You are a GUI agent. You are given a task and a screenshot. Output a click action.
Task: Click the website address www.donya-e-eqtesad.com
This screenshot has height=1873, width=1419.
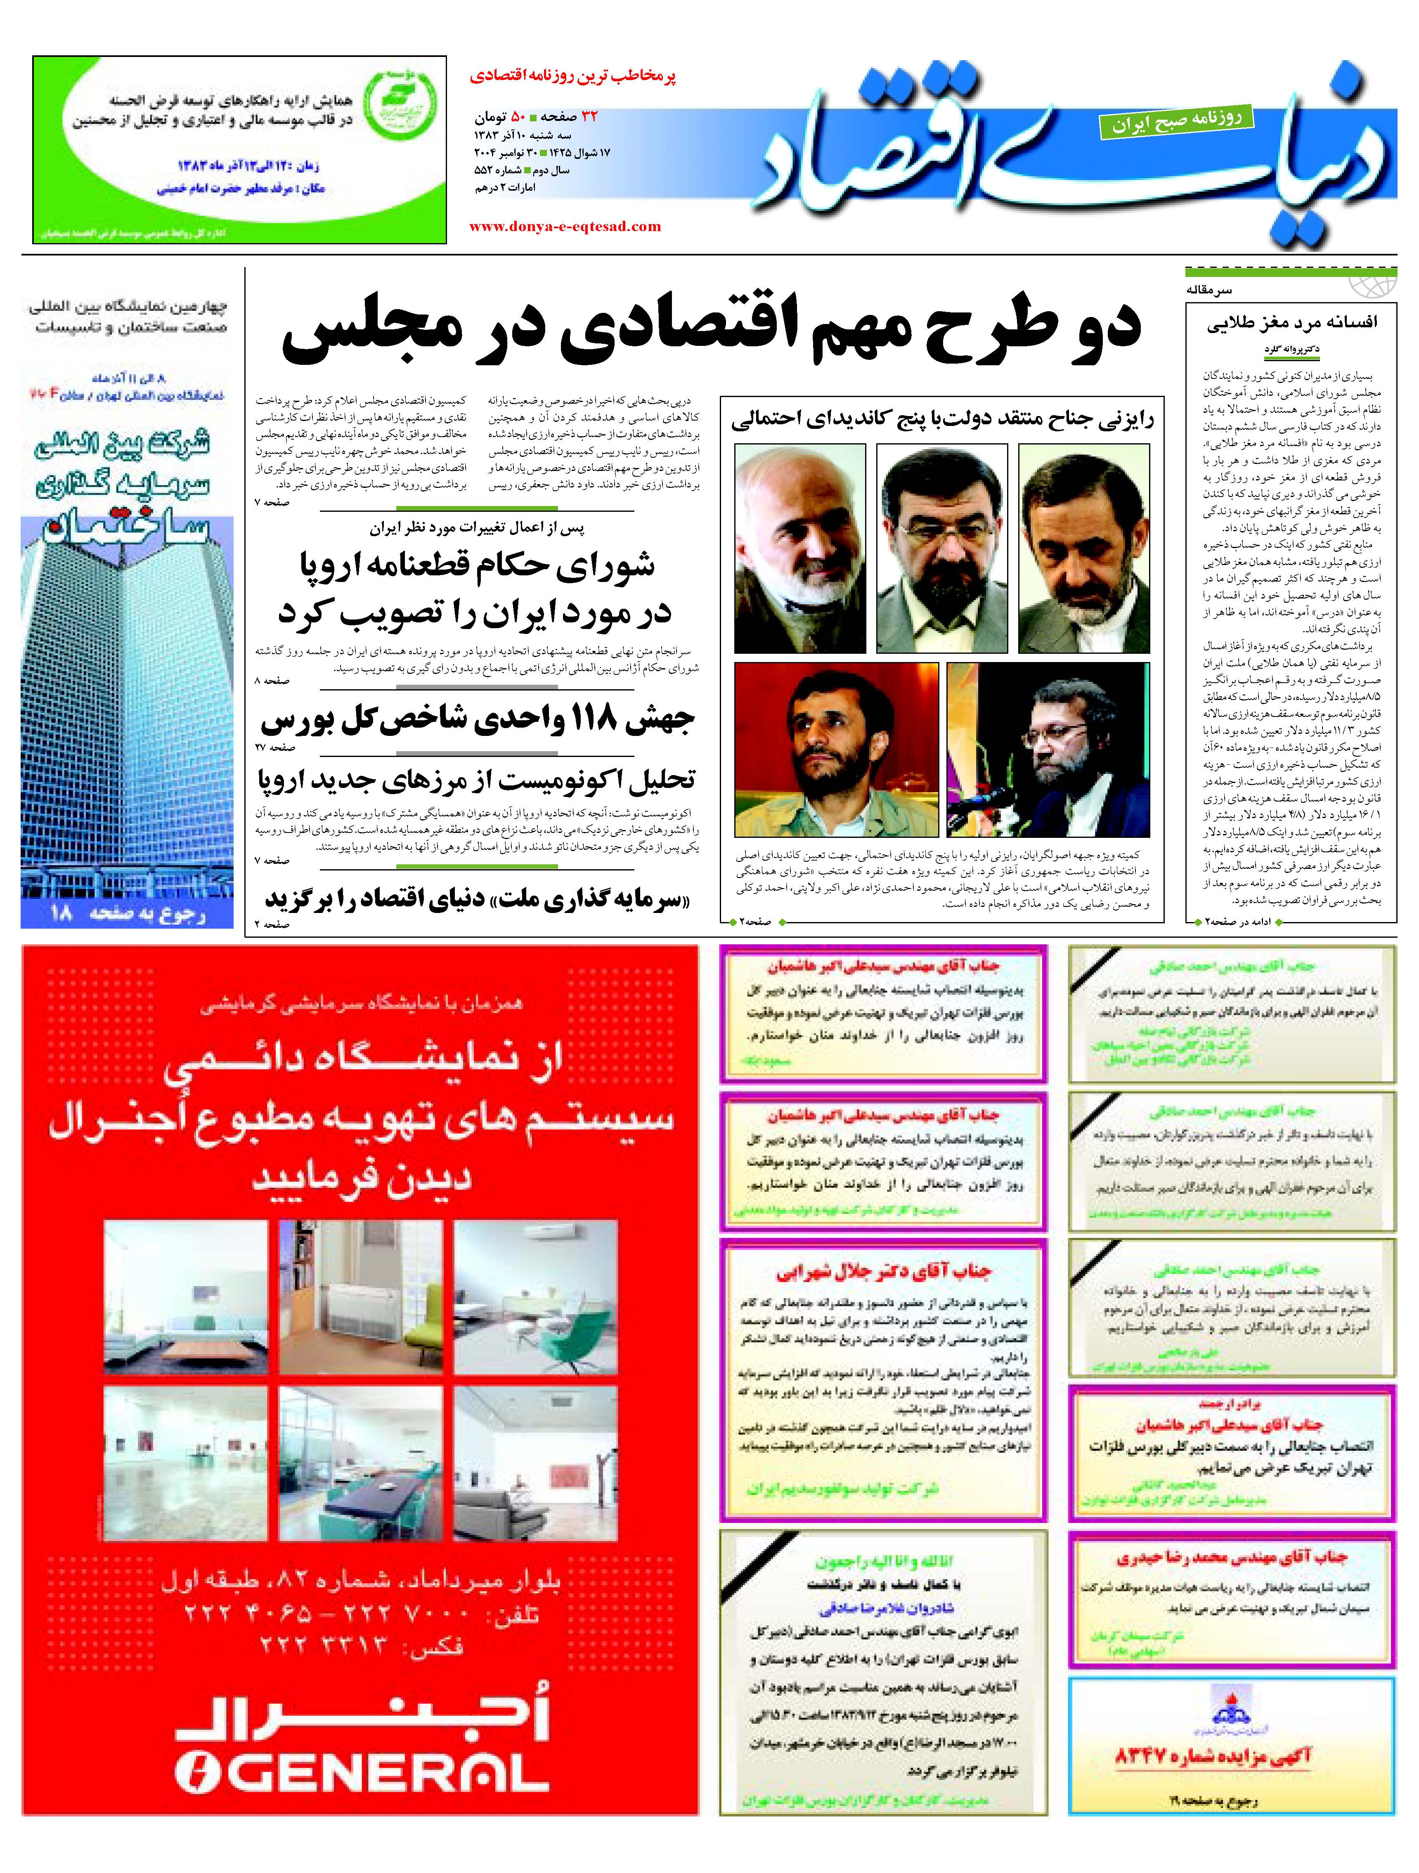pyautogui.click(x=565, y=226)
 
